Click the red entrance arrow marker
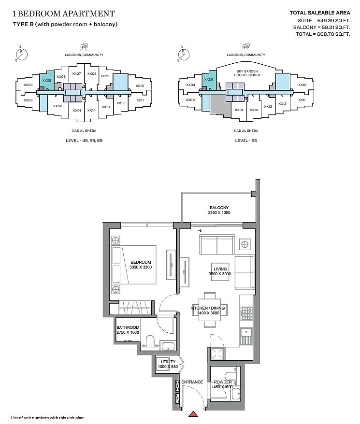193,414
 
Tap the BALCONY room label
219,208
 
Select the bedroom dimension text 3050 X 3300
141,267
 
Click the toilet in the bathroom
150,341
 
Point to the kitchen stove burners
246,313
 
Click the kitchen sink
246,336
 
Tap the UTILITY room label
168,362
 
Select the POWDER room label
223,382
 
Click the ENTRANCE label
192,382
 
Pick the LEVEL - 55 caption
246,141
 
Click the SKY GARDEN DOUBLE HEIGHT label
247,73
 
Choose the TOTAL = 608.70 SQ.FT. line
323,34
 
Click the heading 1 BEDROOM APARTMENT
64,14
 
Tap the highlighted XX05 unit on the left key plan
46,80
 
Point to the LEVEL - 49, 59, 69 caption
84,141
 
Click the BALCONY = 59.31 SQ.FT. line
321,28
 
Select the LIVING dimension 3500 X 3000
220,274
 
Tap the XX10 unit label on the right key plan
302,85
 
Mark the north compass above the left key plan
21,54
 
